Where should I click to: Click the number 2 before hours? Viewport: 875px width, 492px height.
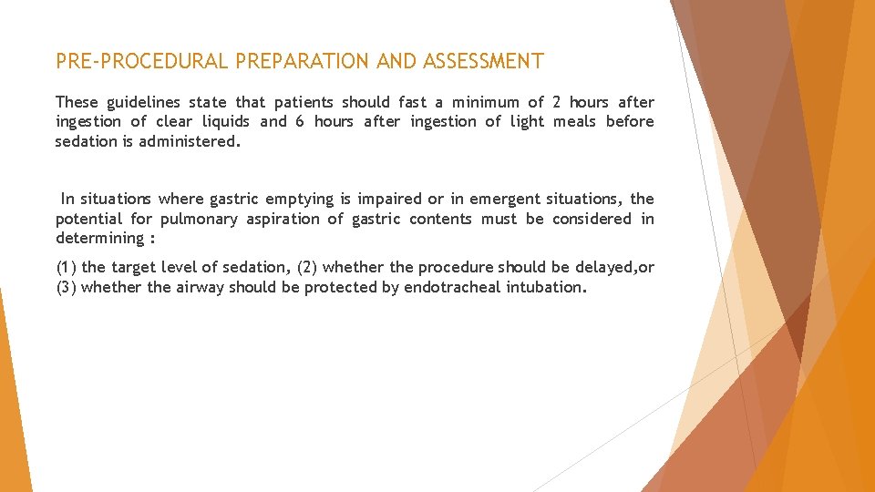(x=557, y=102)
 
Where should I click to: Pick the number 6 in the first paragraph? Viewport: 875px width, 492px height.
(x=300, y=121)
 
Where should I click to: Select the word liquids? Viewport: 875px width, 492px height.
(x=224, y=121)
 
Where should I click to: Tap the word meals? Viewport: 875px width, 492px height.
(x=575, y=121)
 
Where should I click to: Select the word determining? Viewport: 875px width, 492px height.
(x=99, y=239)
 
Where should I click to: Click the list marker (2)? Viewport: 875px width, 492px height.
(x=308, y=267)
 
